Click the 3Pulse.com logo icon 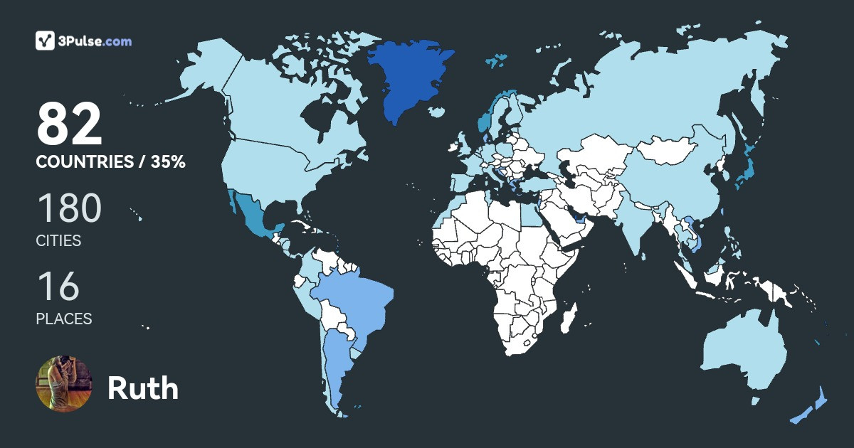[46, 41]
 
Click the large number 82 [70, 124]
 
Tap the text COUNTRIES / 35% [110, 162]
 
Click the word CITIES [58, 241]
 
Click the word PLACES [64, 319]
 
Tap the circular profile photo [64, 383]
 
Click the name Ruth [143, 388]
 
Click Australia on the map [744, 348]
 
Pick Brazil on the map [352, 299]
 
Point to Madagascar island [567, 318]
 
